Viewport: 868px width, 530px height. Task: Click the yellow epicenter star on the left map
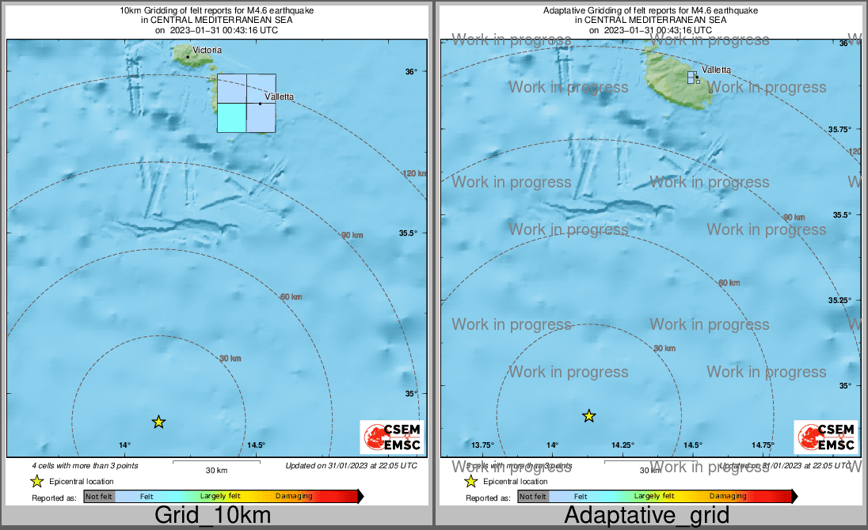coord(158,422)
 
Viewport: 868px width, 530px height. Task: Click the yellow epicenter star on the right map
coord(589,415)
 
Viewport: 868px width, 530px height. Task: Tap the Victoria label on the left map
coord(207,50)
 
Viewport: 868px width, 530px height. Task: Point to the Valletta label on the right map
coord(716,70)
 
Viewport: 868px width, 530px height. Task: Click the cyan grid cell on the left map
coord(231,117)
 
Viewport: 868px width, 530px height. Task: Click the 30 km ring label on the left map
coord(230,358)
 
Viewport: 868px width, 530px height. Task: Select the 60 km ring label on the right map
coord(729,282)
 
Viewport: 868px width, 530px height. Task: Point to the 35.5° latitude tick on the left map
coord(408,233)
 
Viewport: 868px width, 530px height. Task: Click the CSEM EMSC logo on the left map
coord(392,437)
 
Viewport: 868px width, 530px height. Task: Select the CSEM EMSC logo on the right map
coord(826,437)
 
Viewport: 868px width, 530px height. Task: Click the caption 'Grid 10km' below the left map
coord(212,516)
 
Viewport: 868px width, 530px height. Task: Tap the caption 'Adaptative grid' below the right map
coord(646,516)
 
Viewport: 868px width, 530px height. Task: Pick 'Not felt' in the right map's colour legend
coord(532,497)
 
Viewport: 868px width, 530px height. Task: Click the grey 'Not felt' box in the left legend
coord(99,496)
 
